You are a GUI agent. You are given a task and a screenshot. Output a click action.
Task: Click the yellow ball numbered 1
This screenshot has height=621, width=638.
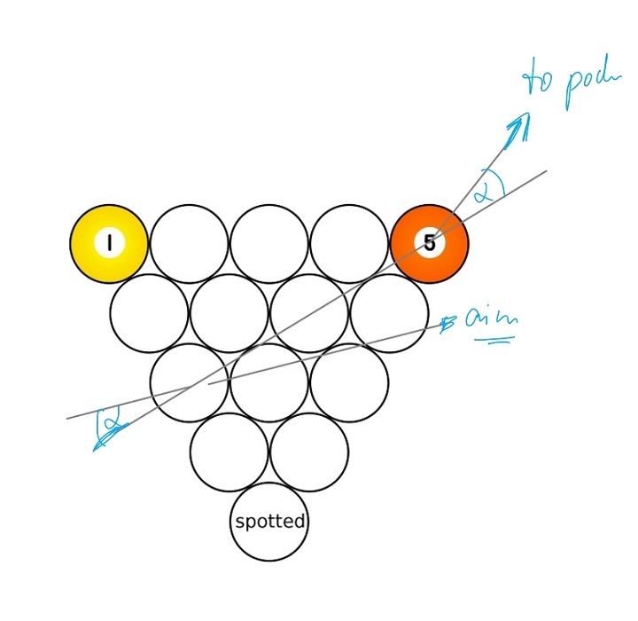point(109,244)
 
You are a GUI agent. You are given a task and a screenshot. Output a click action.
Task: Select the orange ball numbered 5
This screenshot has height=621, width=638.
point(430,244)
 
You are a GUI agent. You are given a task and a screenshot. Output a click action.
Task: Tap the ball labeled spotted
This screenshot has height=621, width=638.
point(269,522)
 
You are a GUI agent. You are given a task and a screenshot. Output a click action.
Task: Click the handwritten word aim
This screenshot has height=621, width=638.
point(491,320)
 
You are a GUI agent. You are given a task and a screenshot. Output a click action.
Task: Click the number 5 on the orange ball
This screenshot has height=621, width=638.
point(430,243)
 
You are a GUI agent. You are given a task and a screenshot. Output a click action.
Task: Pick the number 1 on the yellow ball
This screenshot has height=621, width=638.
point(109,243)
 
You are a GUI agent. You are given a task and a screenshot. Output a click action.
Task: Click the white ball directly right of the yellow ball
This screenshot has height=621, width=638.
point(189,244)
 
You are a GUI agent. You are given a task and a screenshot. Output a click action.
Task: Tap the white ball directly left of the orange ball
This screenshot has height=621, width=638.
point(349,244)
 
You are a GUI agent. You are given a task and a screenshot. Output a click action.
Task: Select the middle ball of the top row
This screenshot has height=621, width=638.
point(269,244)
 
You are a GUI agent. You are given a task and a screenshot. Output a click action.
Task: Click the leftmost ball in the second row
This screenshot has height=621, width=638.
point(149,313)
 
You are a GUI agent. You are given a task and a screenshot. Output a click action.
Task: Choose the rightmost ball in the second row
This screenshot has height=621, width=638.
point(389,313)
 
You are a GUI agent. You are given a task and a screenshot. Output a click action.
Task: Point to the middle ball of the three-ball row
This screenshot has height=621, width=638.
point(269,383)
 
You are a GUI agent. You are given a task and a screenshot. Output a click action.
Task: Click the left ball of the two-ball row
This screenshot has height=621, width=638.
point(229,452)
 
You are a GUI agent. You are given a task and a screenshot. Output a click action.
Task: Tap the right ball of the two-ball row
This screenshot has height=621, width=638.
point(309,452)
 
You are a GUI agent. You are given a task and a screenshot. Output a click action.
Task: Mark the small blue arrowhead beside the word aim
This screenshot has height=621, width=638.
point(448,324)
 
